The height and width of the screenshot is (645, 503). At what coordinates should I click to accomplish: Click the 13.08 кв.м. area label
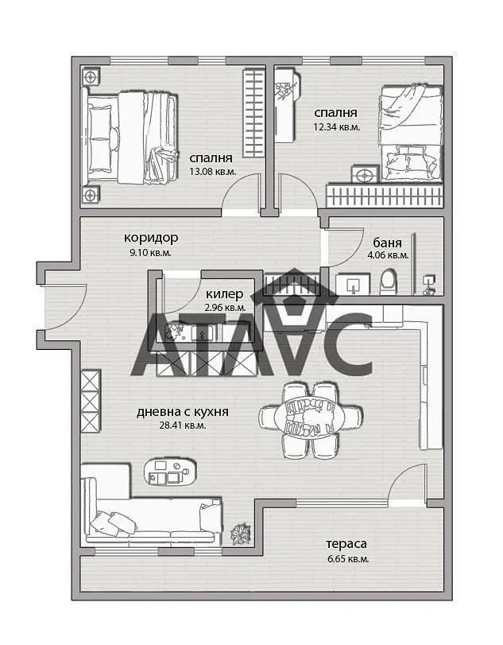pyautogui.click(x=212, y=172)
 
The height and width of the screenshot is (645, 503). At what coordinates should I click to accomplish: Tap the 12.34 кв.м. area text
pyautogui.click(x=337, y=126)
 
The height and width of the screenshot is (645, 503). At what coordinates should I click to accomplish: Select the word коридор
pyautogui.click(x=151, y=238)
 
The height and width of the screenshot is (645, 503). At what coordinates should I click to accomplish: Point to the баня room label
pyautogui.click(x=388, y=243)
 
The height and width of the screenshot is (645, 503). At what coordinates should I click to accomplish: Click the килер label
pyautogui.click(x=224, y=294)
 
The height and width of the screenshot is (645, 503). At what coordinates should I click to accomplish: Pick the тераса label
pyautogui.click(x=346, y=544)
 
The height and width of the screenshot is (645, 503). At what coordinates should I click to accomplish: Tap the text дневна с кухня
pyautogui.click(x=183, y=412)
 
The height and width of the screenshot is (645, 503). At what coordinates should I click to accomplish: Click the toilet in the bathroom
pyautogui.click(x=389, y=282)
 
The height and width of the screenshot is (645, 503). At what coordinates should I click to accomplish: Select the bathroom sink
pyautogui.click(x=353, y=285)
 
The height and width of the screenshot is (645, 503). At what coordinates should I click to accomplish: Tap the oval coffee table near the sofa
pyautogui.click(x=170, y=472)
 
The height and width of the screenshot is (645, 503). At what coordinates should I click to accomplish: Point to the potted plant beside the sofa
pyautogui.click(x=241, y=534)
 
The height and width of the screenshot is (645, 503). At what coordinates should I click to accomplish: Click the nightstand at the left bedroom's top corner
pyautogui.click(x=91, y=76)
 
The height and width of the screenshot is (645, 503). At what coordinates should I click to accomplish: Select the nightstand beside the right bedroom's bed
pyautogui.click(x=365, y=175)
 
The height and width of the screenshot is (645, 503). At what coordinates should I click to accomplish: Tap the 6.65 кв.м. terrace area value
pyautogui.click(x=348, y=559)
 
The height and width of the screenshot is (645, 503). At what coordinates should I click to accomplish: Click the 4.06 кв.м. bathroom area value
pyautogui.click(x=388, y=255)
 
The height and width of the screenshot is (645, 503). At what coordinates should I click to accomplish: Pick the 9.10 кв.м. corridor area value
pyautogui.click(x=150, y=253)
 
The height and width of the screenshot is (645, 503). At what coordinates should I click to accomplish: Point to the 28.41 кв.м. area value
pyautogui.click(x=183, y=425)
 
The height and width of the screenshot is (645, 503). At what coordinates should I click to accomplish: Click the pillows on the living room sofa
pyautogui.click(x=112, y=523)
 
